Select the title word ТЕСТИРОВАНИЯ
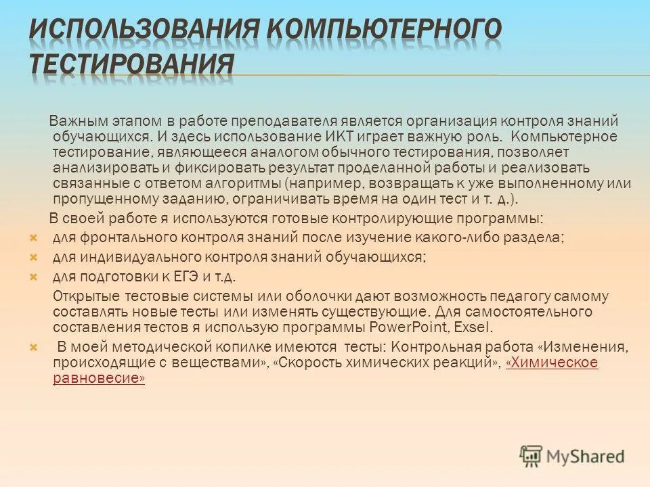coord(131,65)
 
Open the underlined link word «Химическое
coord(551,363)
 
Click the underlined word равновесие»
coord(99,379)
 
